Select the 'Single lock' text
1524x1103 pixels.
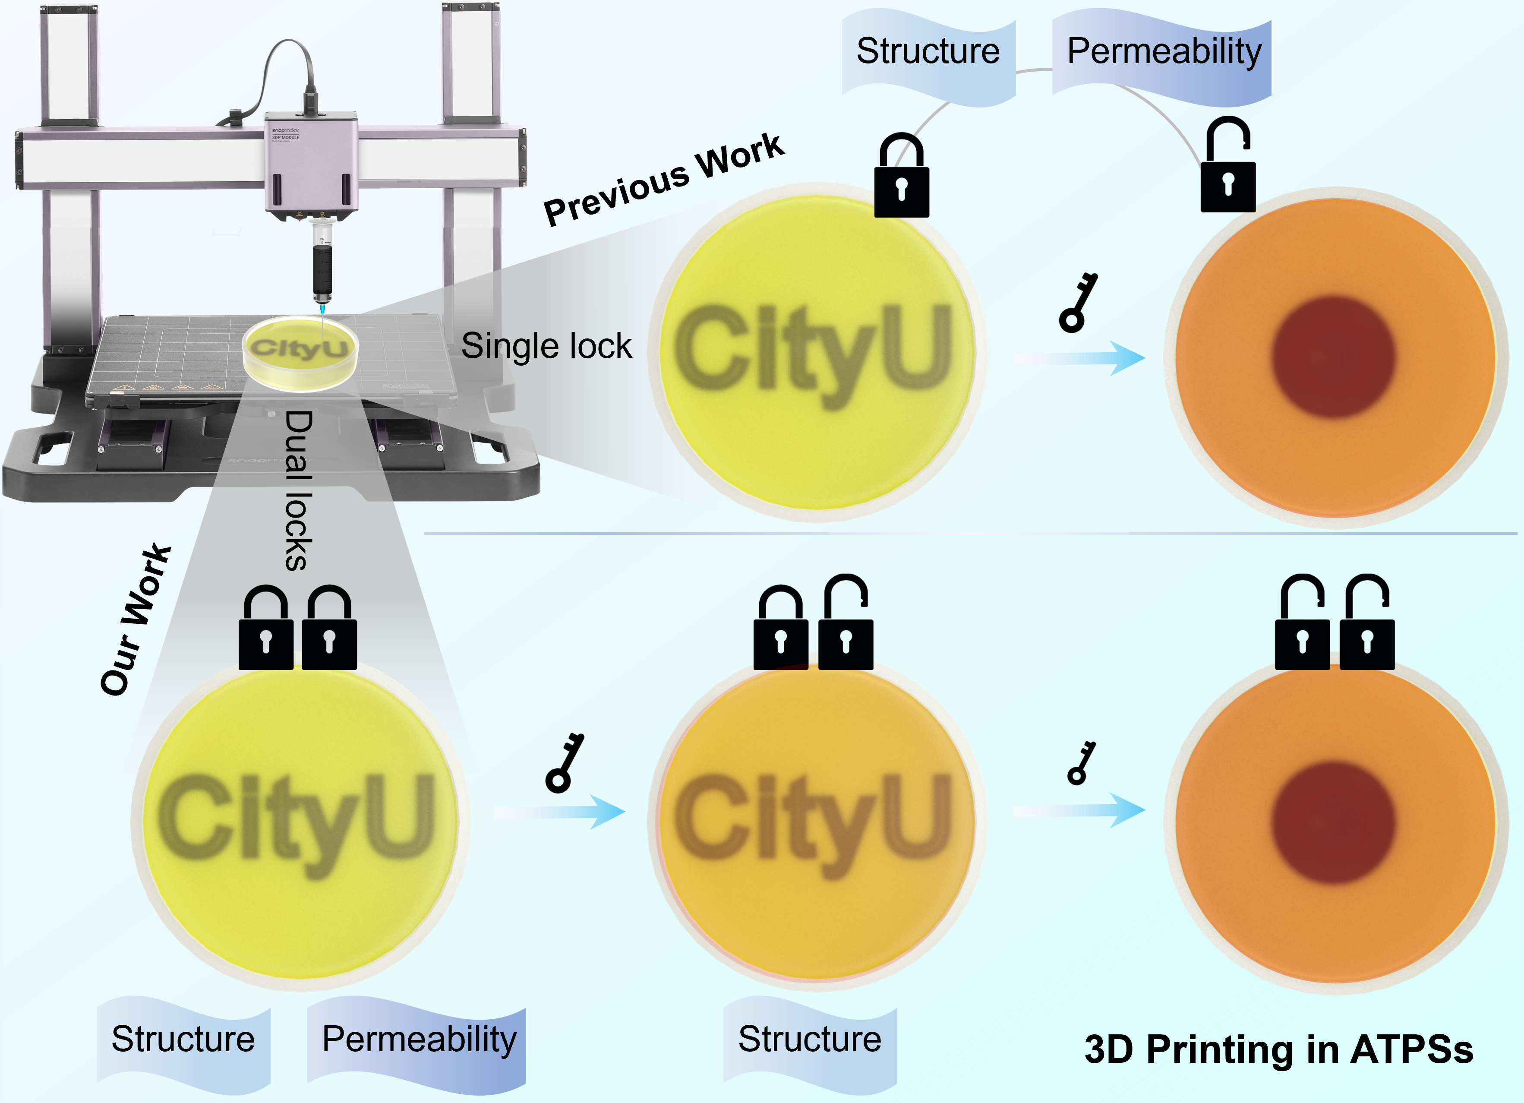point(546,346)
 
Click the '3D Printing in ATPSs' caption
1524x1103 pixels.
point(1278,1049)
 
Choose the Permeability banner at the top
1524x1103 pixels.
point(1164,52)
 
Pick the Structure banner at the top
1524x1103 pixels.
point(928,52)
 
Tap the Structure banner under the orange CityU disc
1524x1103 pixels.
point(810,1040)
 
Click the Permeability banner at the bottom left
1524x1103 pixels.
point(419,1040)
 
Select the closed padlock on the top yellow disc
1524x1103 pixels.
point(901,177)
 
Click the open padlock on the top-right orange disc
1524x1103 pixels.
point(1227,168)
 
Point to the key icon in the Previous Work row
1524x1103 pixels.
point(1078,303)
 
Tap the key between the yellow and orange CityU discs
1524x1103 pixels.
point(565,763)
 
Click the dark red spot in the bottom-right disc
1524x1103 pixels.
point(1333,822)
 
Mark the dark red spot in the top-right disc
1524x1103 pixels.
point(1333,357)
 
